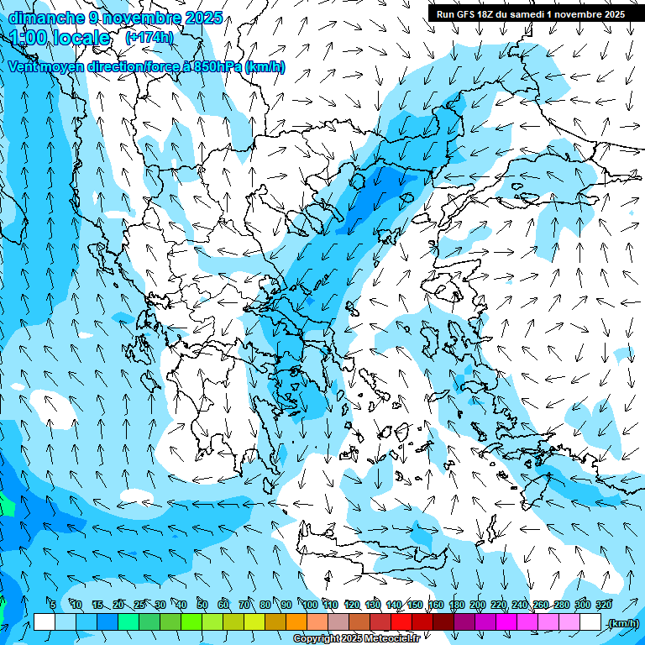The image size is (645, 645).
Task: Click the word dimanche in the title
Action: pos(46,17)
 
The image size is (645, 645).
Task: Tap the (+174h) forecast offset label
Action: pos(149,38)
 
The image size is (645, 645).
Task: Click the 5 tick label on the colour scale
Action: pos(53,605)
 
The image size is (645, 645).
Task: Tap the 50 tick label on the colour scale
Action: pos(202,605)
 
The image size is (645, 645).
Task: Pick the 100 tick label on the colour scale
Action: pos(309,605)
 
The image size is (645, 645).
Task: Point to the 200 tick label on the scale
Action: pos(478,605)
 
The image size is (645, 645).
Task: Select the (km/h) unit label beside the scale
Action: pos(623,622)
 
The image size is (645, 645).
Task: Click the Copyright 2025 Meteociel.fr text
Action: pos(356,639)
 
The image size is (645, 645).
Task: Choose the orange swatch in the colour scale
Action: pos(296,622)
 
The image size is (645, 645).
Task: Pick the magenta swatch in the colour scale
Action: pos(506,622)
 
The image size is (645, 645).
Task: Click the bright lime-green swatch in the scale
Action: pos(191,622)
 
